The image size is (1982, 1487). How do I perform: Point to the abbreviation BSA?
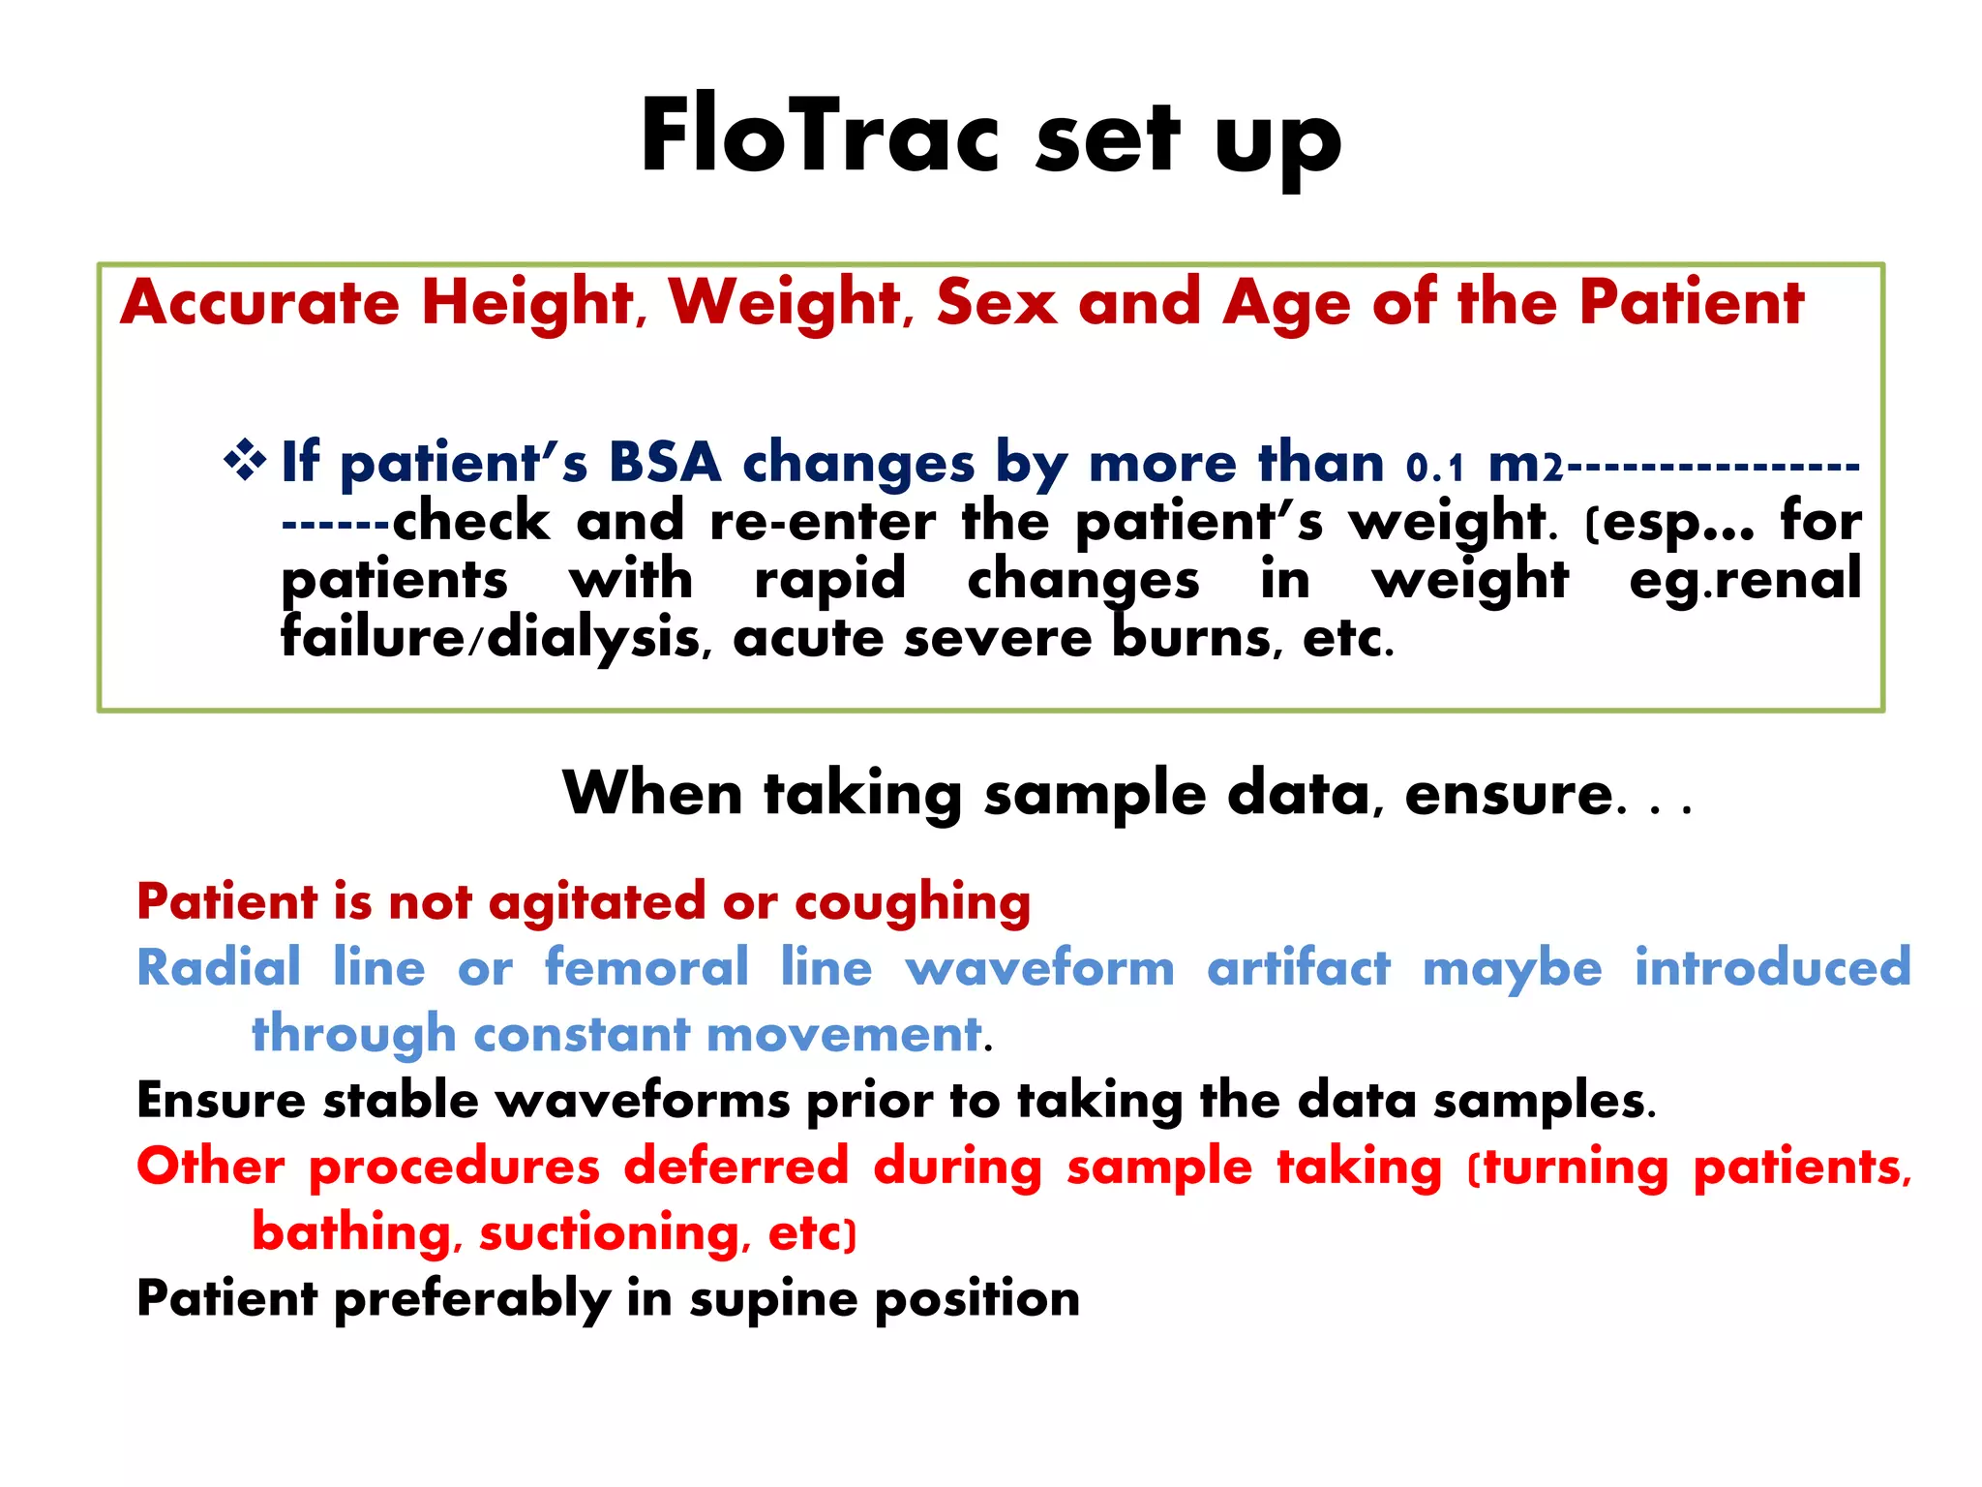click(x=665, y=462)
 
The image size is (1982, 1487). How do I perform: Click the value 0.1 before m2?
click(x=1435, y=468)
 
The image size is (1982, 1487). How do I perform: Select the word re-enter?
click(x=823, y=523)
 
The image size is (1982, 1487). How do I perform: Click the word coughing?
click(x=913, y=903)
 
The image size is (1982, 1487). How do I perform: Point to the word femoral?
click(x=646, y=967)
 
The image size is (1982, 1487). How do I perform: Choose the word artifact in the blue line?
click(x=1298, y=967)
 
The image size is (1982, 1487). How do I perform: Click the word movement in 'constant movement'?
click(x=844, y=1033)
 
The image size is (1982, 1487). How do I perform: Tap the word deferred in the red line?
click(x=736, y=1166)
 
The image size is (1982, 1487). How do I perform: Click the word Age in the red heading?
click(x=1286, y=303)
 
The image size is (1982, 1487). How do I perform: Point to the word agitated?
click(x=597, y=903)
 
